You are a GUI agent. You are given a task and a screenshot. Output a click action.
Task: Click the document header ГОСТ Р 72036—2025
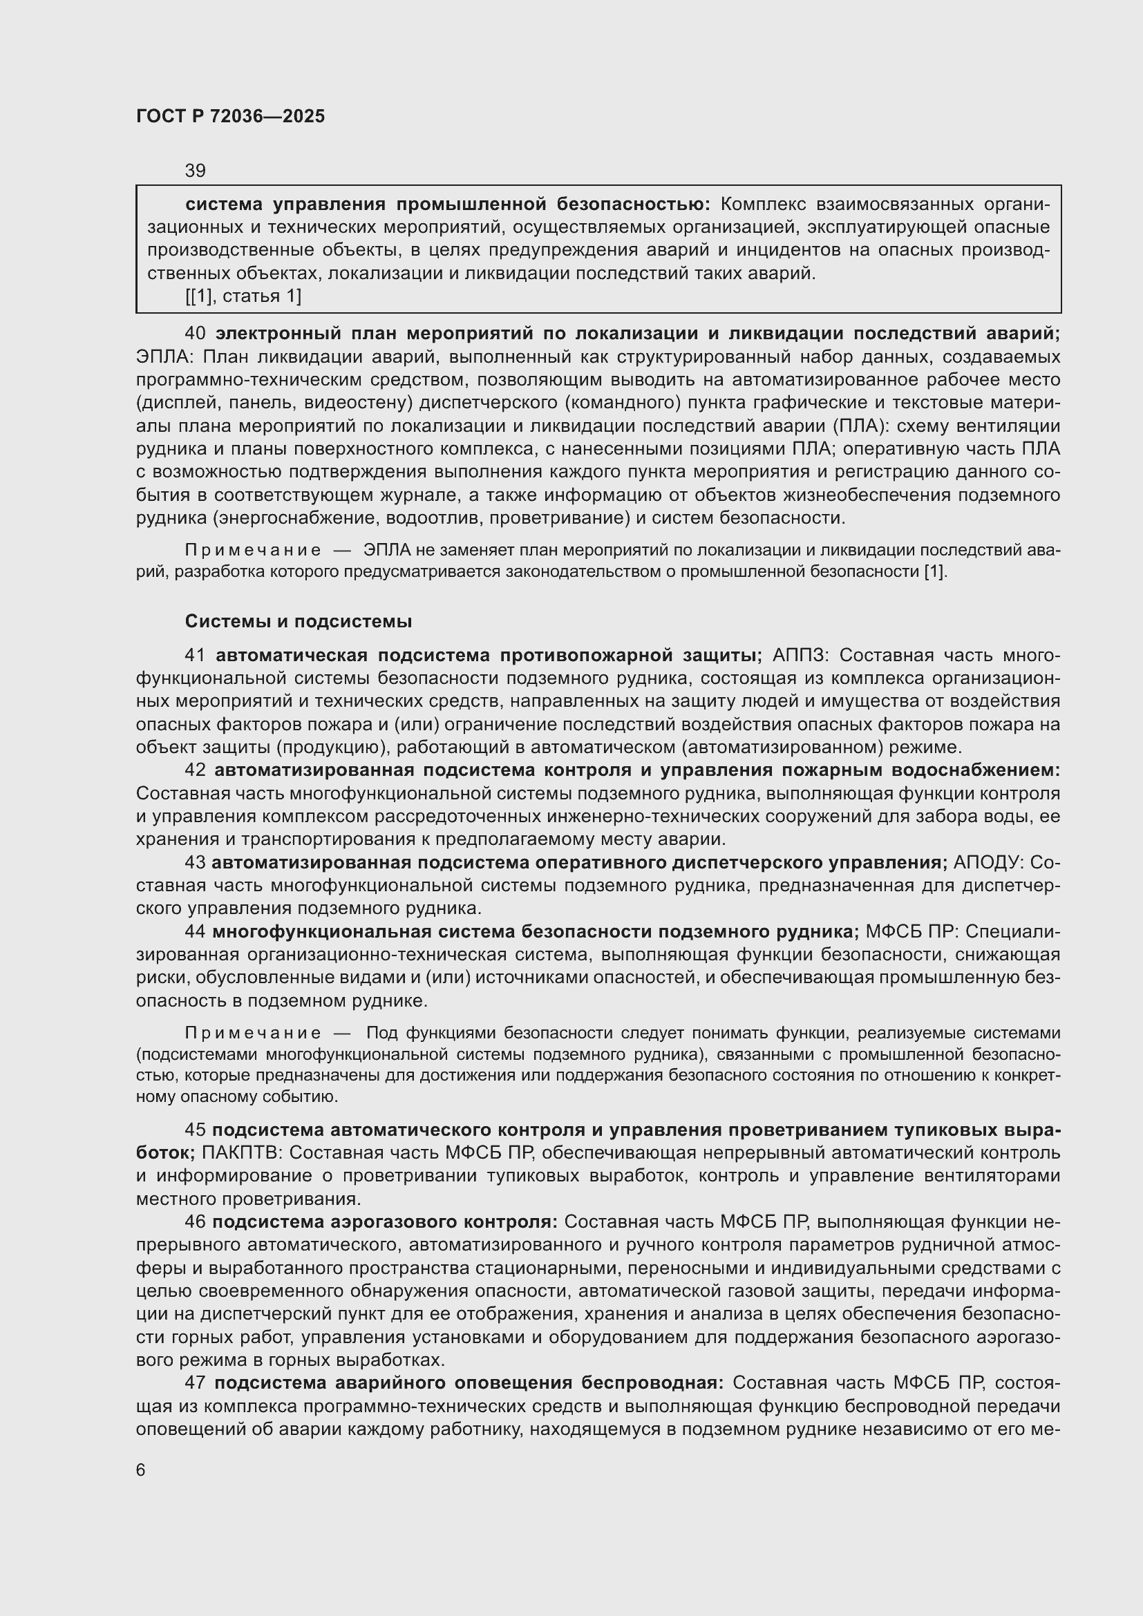230,117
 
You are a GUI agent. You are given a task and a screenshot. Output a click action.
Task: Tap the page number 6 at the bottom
141,1470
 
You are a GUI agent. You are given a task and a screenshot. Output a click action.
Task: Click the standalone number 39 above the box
195,171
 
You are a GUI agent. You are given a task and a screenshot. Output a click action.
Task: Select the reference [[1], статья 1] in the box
243,296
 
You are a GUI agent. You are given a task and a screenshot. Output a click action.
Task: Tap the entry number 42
195,770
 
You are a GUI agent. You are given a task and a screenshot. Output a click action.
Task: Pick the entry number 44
195,932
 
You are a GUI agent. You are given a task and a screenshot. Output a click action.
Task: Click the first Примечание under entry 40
253,551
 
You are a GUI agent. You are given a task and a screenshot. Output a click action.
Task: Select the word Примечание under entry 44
253,1033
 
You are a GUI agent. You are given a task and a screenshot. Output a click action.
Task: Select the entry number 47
195,1383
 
